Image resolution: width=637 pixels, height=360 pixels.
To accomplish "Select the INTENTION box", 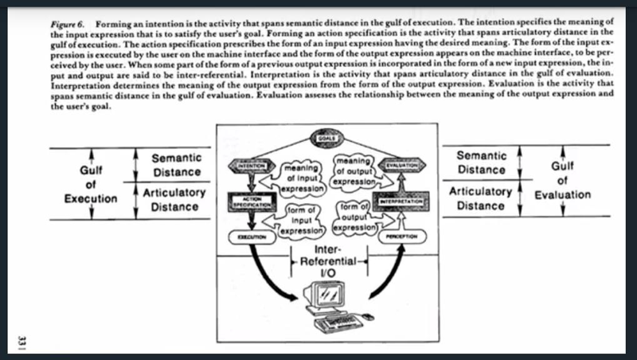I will pos(247,165).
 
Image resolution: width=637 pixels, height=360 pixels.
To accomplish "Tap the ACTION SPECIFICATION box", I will pos(244,203).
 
